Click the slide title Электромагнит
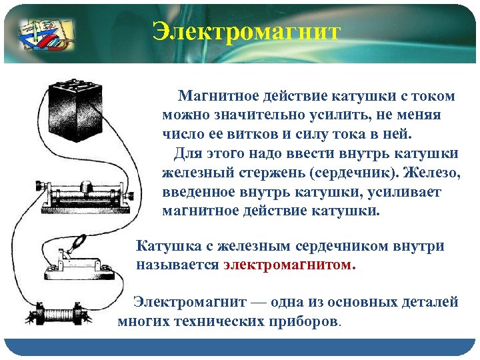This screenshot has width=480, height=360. (x=246, y=32)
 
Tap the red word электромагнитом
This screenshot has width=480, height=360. (x=289, y=265)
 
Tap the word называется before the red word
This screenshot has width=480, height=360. (x=177, y=265)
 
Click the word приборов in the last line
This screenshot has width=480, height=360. (x=305, y=321)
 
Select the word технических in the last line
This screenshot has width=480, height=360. (x=217, y=321)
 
